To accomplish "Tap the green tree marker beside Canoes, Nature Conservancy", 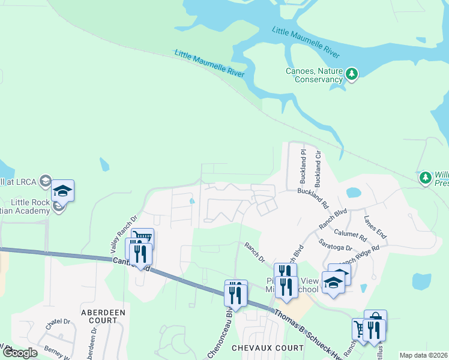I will click(352, 74).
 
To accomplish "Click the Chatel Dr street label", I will click(58, 324).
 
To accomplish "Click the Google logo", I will click(20, 353).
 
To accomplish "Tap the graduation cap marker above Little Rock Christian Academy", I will click(62, 191).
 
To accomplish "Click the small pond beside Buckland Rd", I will click(354, 193).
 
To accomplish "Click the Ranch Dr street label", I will click(254, 251).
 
